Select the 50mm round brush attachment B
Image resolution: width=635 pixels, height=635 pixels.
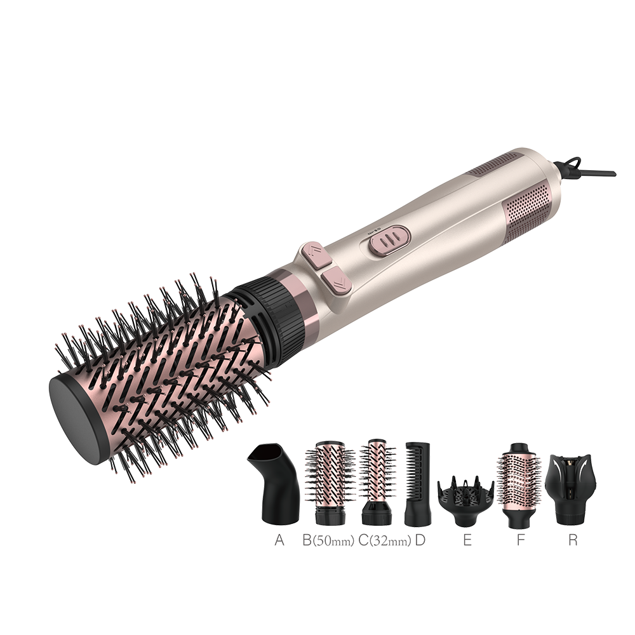[329, 483]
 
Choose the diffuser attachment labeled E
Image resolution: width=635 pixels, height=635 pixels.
[465, 494]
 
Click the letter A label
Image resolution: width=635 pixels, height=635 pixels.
[279, 540]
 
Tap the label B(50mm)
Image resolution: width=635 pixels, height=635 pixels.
[328, 540]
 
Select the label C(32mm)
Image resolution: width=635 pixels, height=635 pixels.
[385, 540]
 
